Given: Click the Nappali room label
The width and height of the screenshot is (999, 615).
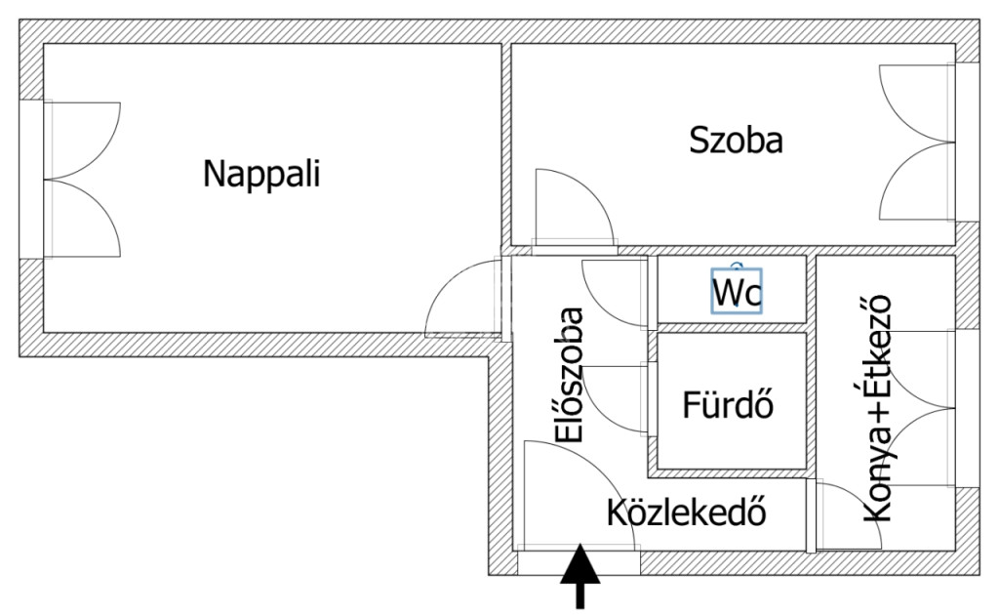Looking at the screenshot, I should coord(261,175).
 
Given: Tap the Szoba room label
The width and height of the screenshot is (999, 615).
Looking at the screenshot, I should coord(736,141).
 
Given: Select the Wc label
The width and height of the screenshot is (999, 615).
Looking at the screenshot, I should coord(737,291).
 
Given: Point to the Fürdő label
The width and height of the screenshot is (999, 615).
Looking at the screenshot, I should coord(731,404).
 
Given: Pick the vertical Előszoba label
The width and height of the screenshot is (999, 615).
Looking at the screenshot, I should coord(569,375).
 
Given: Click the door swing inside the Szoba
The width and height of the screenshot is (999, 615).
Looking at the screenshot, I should coord(568,207).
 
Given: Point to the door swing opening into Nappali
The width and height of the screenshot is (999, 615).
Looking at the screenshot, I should coord(463,298).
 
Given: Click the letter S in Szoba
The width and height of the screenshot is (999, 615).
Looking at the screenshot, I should coord(699,141).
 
